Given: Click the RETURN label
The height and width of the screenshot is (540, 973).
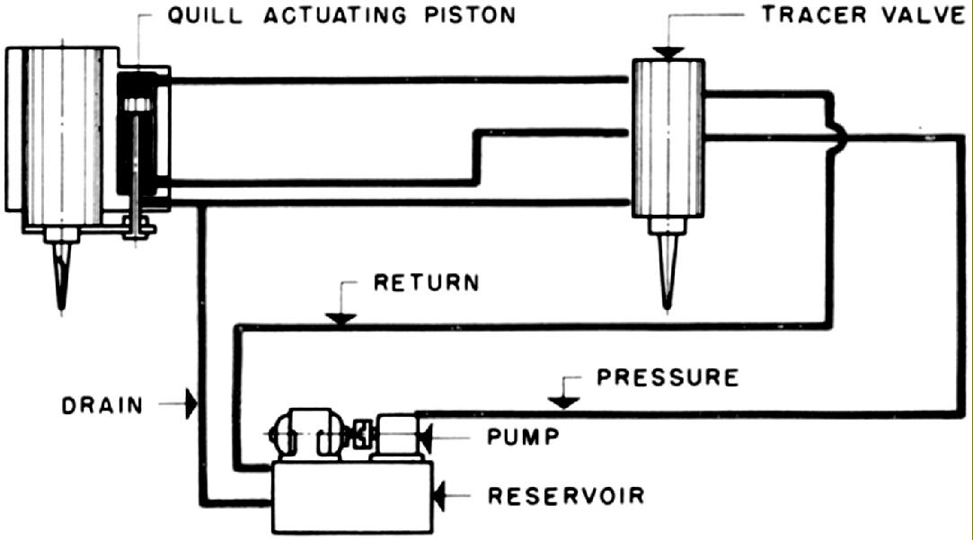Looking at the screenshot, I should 427,284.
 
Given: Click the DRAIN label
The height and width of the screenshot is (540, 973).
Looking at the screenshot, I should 102,405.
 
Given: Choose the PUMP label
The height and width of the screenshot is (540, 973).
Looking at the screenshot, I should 524,438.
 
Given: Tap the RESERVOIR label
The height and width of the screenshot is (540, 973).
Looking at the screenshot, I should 565,495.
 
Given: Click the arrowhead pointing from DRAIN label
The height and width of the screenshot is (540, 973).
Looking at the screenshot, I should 190,403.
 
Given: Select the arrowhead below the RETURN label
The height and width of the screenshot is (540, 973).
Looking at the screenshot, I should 341,318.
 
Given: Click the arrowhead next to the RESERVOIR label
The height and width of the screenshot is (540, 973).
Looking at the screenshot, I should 439,493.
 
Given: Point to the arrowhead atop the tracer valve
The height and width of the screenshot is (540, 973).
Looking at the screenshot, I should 669,53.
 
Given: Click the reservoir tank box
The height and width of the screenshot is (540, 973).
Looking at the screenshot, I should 351,500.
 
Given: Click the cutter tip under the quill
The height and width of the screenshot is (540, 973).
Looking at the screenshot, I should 60,274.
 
